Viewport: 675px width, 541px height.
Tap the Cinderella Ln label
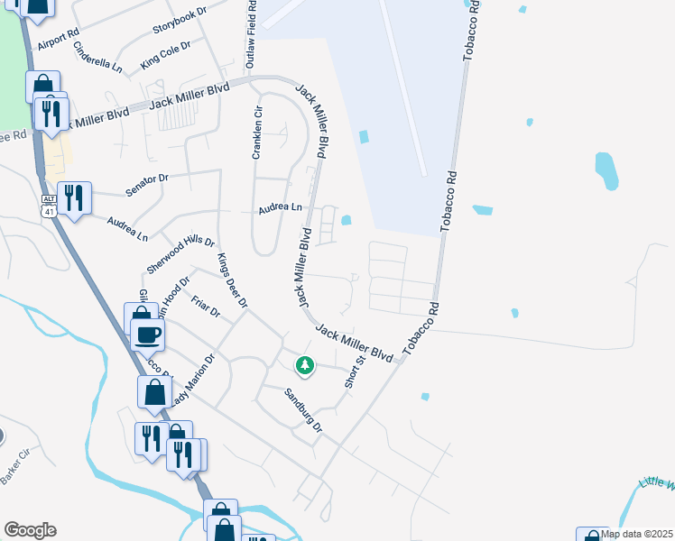point(97,57)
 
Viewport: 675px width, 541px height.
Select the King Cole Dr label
point(166,55)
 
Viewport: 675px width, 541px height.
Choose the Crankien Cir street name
point(257,133)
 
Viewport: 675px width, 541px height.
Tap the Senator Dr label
point(147,186)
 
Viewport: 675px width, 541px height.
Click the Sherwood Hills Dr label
point(180,255)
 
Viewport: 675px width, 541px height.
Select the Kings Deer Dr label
point(232,280)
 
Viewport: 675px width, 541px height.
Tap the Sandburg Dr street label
point(303,408)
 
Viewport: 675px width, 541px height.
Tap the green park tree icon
point(305,365)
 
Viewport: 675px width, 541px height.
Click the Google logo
point(30,530)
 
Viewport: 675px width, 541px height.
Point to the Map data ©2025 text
point(637,534)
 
